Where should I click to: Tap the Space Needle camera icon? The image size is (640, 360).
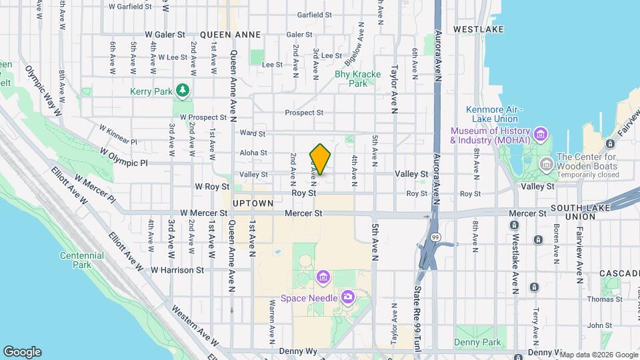347,297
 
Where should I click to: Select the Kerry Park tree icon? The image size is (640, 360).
182,90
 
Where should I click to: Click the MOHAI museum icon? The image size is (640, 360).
541,135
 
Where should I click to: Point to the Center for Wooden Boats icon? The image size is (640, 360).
546,163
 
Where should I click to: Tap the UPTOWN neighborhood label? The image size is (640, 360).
253,203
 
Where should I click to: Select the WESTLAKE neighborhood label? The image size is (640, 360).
473,29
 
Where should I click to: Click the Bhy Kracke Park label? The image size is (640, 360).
351,79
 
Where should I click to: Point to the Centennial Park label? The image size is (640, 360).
81,260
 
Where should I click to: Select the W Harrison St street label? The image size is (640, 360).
177,270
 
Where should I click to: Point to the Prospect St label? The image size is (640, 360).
304,113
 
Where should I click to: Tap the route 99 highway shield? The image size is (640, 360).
435,237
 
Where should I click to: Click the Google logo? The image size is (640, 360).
22,352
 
